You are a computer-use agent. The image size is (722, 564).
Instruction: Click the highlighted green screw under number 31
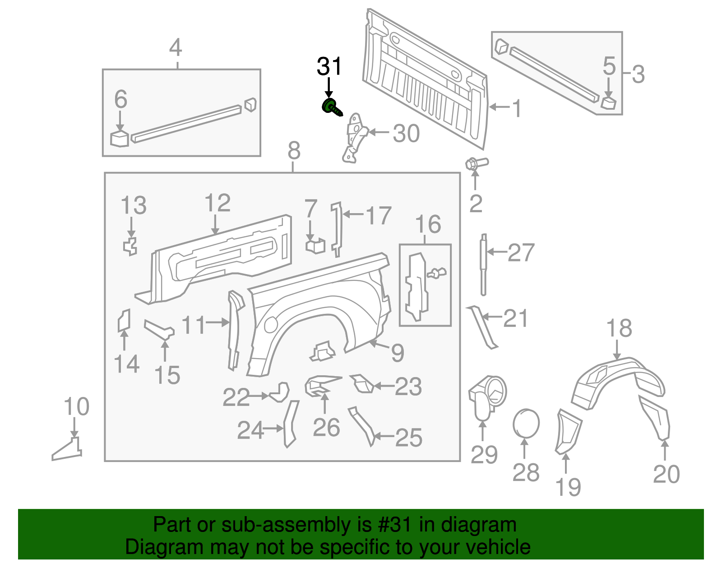tap(331, 107)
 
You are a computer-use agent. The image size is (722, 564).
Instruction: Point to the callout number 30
tap(406, 133)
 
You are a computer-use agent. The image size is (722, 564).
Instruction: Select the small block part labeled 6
tap(120, 139)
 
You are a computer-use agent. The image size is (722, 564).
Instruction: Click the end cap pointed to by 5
tap(609, 103)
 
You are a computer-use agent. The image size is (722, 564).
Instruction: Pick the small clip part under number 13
tap(130, 246)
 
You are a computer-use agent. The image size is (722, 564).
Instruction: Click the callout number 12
tap(218, 203)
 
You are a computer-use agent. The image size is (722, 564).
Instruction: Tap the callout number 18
tap(619, 328)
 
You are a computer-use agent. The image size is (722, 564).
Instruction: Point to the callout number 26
tap(326, 427)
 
